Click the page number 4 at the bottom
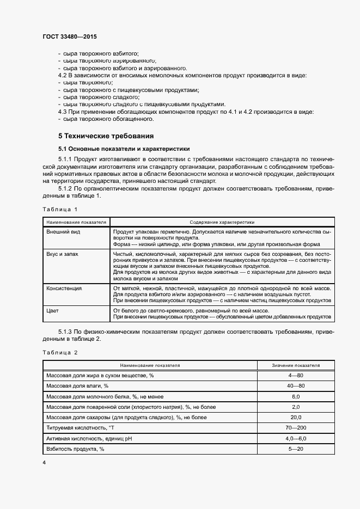click(44, 462)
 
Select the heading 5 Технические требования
click(106, 135)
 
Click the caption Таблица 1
click(60, 209)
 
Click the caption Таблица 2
click(60, 352)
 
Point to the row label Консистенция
click(64, 288)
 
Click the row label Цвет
click(53, 310)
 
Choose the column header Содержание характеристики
click(222, 222)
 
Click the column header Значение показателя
click(296, 365)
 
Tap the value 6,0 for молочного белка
click(296, 397)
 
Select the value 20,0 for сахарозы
click(296, 418)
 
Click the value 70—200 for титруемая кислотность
click(296, 428)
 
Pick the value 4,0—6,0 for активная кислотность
click(296, 438)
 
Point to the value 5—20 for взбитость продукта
click(296, 449)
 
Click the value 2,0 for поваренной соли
click(296, 407)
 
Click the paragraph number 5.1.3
click(67, 332)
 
